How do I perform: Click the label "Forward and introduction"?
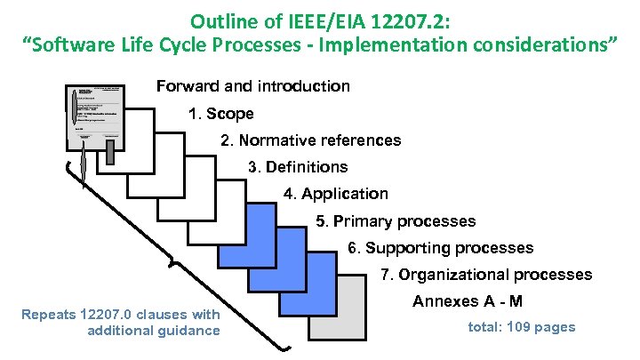(252, 86)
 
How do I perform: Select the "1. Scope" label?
(220, 114)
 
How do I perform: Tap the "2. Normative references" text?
(310, 140)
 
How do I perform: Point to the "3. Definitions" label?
(298, 167)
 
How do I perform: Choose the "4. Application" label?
(335, 194)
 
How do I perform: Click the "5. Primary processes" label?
(396, 221)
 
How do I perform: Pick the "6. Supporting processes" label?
(440, 248)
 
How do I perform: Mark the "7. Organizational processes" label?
(485, 275)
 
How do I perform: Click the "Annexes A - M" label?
(468, 302)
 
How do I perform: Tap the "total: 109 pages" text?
(521, 327)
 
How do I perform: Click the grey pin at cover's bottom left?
(81, 163)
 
